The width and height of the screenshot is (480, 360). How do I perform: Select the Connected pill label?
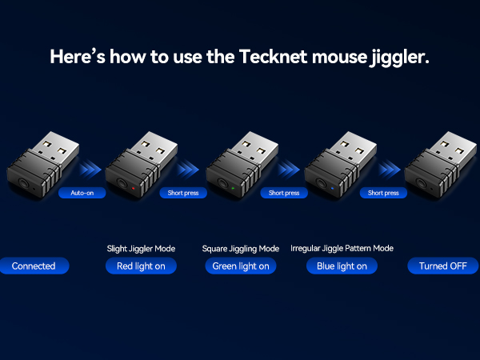click(34, 266)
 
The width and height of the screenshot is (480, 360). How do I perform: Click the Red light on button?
click(141, 266)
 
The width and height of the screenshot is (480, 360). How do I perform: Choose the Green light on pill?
click(241, 266)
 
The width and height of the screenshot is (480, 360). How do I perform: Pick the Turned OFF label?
click(442, 266)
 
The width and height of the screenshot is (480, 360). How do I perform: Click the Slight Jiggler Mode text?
click(141, 248)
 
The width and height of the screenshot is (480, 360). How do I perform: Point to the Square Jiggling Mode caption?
click(241, 248)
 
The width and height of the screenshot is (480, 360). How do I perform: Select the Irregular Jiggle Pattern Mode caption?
click(342, 248)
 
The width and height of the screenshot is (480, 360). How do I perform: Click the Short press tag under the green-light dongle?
click(283, 193)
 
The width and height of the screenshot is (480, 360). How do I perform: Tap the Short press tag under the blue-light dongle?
click(382, 193)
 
